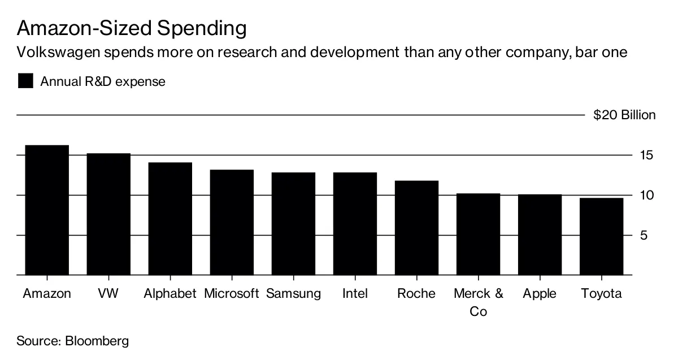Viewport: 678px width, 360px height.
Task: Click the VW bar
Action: click(108, 214)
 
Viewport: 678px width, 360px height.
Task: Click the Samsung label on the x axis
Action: click(293, 294)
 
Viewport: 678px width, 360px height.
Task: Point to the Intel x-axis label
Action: click(355, 294)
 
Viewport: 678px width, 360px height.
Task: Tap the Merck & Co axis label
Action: click(478, 302)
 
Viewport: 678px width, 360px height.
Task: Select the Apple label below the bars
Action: click(540, 294)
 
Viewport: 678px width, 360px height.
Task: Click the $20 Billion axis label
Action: click(624, 115)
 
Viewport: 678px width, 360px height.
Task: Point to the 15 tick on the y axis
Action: click(647, 155)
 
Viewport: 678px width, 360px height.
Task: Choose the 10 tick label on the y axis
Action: click(647, 196)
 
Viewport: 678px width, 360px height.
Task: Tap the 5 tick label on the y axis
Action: click(650, 236)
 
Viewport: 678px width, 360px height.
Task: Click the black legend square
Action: click(25, 81)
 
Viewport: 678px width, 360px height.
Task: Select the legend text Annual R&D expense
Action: click(103, 81)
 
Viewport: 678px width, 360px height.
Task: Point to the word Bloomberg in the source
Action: click(97, 341)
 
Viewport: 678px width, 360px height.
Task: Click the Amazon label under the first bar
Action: click(47, 294)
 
